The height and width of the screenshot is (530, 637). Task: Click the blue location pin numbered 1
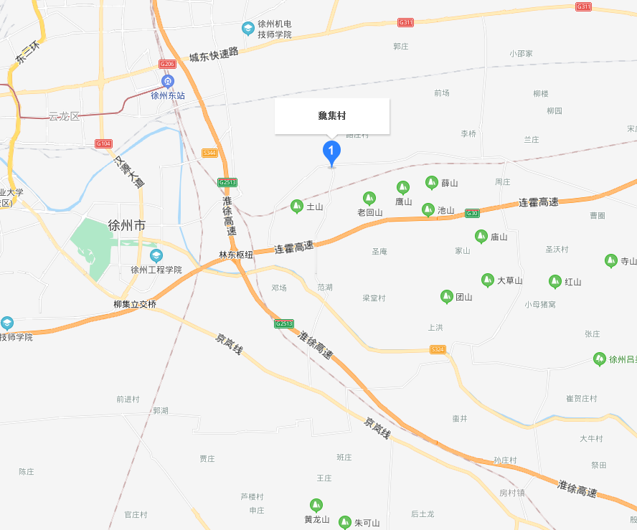click(x=331, y=151)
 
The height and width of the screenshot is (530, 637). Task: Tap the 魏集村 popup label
click(x=332, y=116)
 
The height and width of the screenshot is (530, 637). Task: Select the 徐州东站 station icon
click(x=167, y=81)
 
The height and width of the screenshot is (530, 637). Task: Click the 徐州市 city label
click(x=126, y=225)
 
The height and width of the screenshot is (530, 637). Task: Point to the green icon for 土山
click(x=297, y=207)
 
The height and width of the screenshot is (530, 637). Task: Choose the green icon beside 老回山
click(x=369, y=198)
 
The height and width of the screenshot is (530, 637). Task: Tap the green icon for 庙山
click(x=481, y=237)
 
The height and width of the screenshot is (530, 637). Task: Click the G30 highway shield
click(x=471, y=213)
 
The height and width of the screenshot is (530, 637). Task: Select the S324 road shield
click(x=438, y=349)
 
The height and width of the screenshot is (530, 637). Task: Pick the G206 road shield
click(x=167, y=65)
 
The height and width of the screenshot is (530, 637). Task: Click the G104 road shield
click(x=103, y=143)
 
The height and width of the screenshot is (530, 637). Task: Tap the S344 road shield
click(x=209, y=153)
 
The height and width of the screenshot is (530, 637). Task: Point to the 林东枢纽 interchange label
click(x=236, y=255)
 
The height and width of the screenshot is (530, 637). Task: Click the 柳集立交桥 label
click(x=134, y=304)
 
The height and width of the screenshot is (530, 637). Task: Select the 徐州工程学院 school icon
click(x=156, y=256)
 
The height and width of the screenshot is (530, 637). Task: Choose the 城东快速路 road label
click(x=213, y=56)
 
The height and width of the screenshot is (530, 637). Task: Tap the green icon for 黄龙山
click(x=316, y=506)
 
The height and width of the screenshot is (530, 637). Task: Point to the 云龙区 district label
click(x=64, y=116)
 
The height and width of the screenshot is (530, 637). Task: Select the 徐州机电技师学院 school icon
click(x=247, y=29)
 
